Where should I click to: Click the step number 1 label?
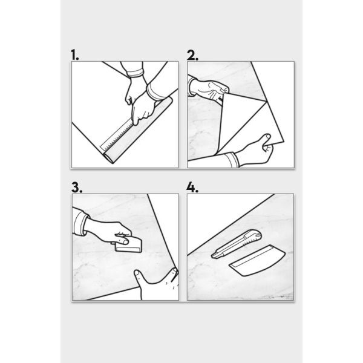coord(75,54)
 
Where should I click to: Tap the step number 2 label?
coord(192,55)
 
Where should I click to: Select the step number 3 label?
coord(77,188)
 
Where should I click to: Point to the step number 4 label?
coord(192,188)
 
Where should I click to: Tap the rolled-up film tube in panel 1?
coord(138,130)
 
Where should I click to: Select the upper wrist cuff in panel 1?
coord(135,73)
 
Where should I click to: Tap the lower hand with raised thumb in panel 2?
coord(255,152)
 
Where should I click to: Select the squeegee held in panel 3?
coord(129,245)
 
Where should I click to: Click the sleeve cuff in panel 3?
coord(81,223)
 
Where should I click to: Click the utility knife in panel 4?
coord(237,244)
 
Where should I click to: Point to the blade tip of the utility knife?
coord(212,256)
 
